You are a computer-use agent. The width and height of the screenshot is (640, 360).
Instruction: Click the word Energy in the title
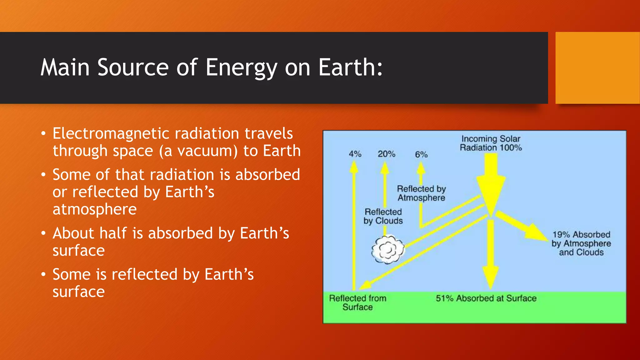point(241,67)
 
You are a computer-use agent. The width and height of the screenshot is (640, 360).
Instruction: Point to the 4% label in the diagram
point(355,154)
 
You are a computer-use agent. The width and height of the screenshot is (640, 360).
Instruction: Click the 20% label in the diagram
point(387,154)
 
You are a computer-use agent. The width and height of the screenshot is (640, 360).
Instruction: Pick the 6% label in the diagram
point(421,154)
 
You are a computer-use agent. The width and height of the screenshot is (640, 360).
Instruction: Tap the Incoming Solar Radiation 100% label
point(491,143)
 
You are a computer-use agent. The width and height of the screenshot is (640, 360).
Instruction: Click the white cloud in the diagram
point(388,249)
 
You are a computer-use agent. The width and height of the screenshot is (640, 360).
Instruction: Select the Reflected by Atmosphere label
point(421,193)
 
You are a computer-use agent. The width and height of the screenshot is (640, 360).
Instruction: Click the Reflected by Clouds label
point(383,216)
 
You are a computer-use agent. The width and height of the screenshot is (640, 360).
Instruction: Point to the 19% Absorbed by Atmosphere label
point(581,243)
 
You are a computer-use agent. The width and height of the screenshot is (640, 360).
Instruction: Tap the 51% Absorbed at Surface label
point(486,298)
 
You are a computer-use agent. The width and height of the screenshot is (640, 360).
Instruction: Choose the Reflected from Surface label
point(358,302)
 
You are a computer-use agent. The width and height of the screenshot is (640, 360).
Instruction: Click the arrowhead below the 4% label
point(354,167)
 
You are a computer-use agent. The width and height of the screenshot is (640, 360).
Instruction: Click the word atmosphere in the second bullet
point(95,209)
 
